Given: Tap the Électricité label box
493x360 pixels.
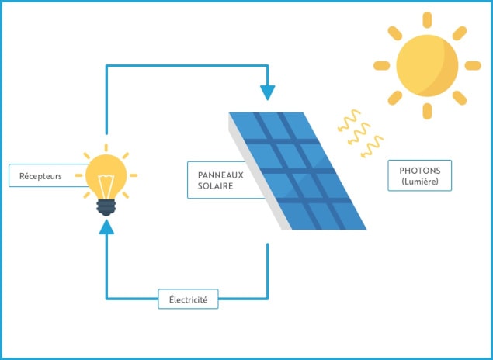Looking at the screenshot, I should click(x=188, y=299).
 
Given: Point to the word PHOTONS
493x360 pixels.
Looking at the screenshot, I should click(x=419, y=170).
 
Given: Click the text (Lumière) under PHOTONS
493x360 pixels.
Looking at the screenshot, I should click(x=419, y=182).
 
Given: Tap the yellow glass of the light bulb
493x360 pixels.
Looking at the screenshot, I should click(x=107, y=175).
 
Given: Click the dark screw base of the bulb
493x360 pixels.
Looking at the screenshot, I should click(x=106, y=206).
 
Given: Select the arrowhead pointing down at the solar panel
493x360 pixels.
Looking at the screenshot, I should click(x=268, y=92).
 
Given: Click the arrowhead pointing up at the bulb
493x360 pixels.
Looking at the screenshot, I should click(x=106, y=227).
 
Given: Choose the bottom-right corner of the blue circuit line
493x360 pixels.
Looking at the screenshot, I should click(x=268, y=299).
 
